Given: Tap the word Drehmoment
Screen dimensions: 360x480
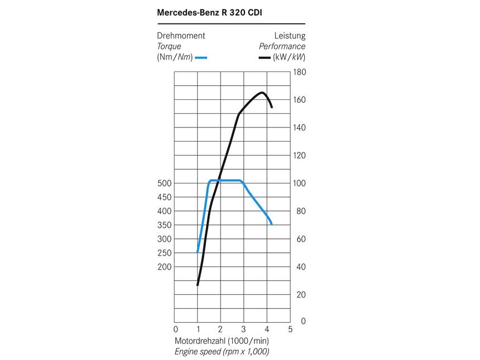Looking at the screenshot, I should pos(181,36).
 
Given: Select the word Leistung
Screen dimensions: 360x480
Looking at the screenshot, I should pos(290,36).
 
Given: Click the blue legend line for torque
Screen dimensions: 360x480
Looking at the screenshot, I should pos(201,57).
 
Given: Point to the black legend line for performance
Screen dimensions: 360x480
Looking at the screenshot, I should pos(264,57).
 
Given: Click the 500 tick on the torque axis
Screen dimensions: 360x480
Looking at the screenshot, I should pos(164,184).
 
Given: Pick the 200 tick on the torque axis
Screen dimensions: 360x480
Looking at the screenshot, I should pos(164,267).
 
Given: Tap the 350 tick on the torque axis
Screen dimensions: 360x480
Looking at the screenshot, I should pos(164,225).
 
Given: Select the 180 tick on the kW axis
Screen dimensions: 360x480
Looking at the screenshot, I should pos(300,72).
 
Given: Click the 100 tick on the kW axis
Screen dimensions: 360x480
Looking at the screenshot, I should pos(300,184).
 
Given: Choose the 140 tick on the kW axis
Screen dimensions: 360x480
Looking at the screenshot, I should pos(300,128).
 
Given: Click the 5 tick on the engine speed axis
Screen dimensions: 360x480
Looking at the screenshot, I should pos(290,329).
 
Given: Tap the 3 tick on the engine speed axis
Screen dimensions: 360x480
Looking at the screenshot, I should pos(244,329).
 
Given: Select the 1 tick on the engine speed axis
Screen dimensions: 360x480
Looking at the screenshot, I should pos(198,329).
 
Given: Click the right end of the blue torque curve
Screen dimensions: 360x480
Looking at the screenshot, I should pos(271,224).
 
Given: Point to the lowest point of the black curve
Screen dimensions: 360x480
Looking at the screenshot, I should pos(198,285).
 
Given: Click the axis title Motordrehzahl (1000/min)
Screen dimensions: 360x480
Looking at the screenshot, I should pos(222,340).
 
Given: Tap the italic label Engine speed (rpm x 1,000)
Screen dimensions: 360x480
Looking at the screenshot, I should pos(222,352).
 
